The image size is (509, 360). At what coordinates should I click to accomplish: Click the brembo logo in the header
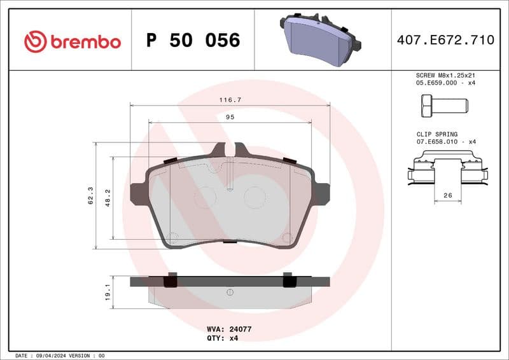(x=72, y=42)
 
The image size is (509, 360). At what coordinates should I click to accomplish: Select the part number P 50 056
(x=193, y=41)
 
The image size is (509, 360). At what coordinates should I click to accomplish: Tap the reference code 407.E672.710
(x=445, y=40)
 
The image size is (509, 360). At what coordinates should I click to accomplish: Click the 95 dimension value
(x=230, y=117)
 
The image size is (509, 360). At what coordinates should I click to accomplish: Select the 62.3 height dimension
(x=90, y=195)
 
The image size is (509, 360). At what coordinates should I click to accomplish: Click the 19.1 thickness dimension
(x=108, y=292)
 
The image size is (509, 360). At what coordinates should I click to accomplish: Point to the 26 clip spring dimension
(x=447, y=196)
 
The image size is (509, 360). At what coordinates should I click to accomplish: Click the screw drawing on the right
(x=444, y=105)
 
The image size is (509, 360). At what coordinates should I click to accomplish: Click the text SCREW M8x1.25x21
(x=445, y=75)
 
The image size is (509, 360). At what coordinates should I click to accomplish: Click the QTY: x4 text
(x=222, y=339)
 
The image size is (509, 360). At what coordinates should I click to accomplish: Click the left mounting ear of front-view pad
(x=138, y=193)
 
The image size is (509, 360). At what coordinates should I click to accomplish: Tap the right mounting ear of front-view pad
(x=322, y=193)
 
